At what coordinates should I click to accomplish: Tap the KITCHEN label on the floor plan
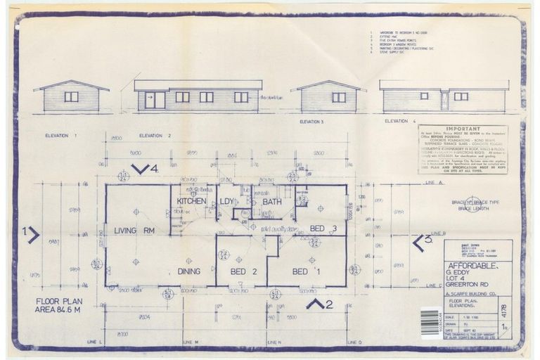191,201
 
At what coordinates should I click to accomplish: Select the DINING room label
188,271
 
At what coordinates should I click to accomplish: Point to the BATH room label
271,202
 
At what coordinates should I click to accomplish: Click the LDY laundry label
226,202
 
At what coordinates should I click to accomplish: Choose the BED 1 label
300,271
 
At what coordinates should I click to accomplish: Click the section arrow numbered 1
30,234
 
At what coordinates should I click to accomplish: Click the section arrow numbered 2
319,304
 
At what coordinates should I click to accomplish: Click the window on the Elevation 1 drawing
71,96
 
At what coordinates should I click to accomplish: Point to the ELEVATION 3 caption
310,122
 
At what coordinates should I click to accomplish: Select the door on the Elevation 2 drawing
155,100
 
